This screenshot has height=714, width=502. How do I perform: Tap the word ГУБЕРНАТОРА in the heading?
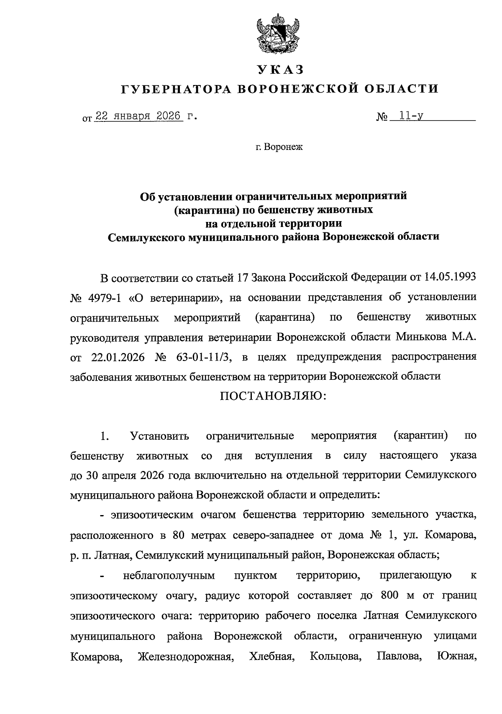click(174, 89)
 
